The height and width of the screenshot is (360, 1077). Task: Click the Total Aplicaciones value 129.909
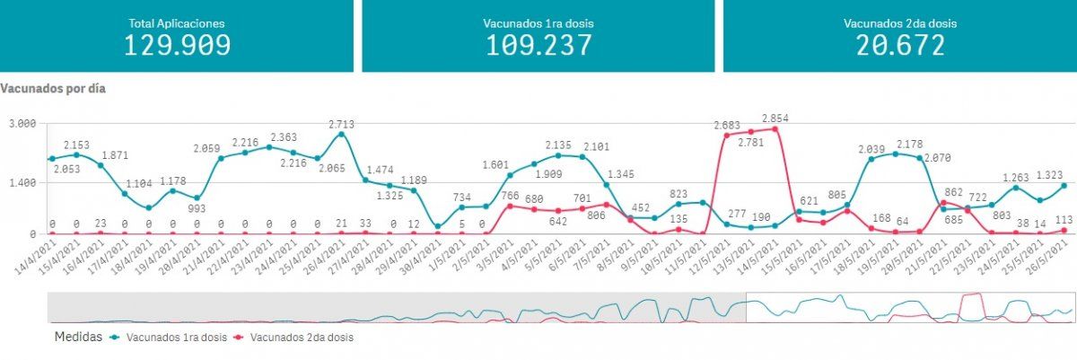[177, 45]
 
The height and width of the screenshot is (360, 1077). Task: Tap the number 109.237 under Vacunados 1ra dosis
[538, 45]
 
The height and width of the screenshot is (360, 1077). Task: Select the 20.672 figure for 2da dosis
[899, 45]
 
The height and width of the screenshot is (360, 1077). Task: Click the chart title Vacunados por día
[54, 90]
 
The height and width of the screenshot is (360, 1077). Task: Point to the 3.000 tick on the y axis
[22, 123]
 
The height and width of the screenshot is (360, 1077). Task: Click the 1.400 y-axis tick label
[22, 182]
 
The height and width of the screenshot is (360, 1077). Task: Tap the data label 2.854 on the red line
[775, 119]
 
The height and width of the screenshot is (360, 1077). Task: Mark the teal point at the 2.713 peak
[342, 135]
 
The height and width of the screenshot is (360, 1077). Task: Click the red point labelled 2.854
[775, 129]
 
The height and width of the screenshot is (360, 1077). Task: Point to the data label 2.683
[726, 125]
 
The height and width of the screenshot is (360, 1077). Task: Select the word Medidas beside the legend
[76, 338]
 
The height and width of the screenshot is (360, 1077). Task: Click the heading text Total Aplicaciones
[177, 22]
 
